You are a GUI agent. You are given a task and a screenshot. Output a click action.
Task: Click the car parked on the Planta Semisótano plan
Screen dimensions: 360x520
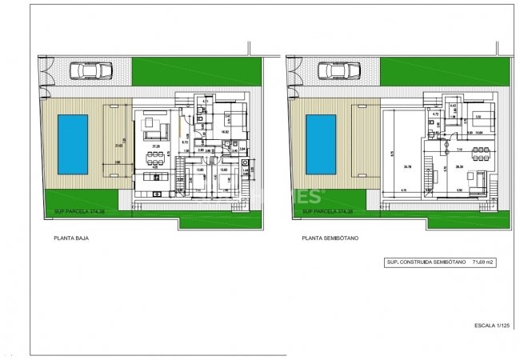pyautogui.click(x=337, y=71)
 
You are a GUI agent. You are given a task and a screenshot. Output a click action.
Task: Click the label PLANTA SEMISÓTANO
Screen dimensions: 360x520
pyautogui.click(x=327, y=238)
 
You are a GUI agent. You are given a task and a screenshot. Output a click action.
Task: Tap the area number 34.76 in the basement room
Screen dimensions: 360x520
pyautogui.click(x=407, y=166)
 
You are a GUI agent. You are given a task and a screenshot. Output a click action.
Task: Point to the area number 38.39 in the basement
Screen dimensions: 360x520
pyautogui.click(x=459, y=166)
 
